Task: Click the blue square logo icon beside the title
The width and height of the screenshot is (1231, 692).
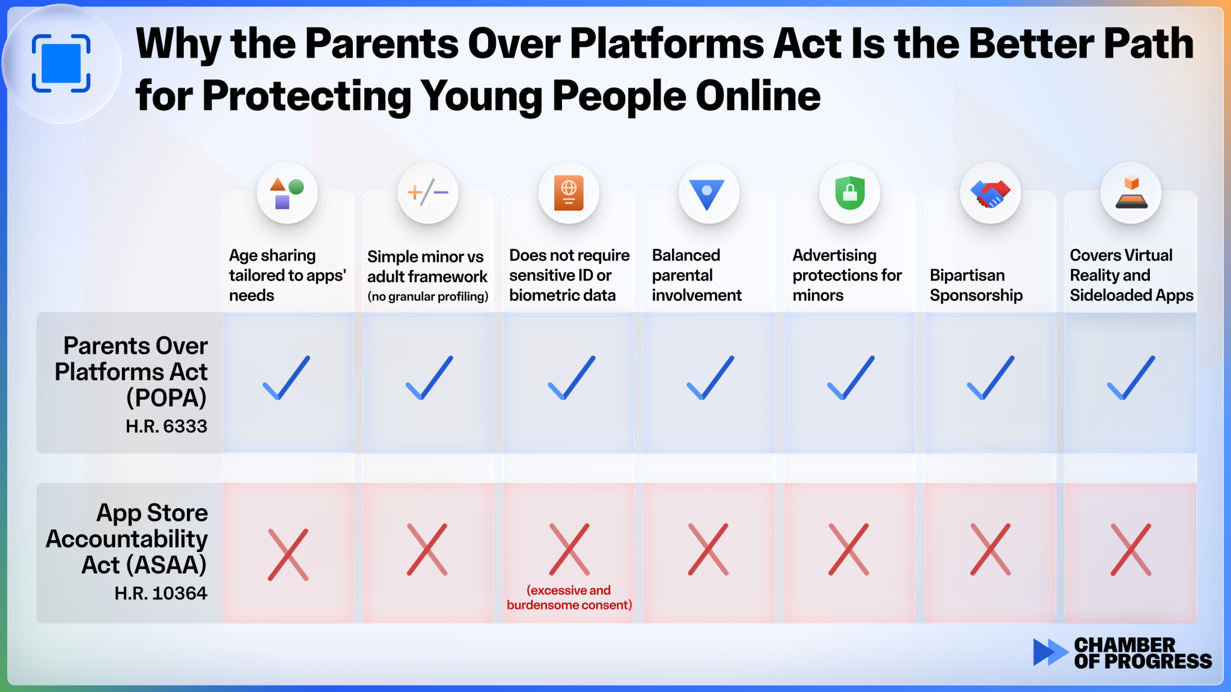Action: (x=61, y=64)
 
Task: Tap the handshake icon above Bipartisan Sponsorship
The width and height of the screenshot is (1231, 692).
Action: (x=990, y=193)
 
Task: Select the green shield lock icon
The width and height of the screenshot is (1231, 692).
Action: (x=849, y=193)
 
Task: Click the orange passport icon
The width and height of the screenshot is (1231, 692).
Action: (x=569, y=193)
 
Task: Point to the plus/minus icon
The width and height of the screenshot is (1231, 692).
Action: (x=427, y=193)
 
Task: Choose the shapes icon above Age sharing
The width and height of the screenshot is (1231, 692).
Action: (x=287, y=193)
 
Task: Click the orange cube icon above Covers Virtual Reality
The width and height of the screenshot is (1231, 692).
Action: (x=1131, y=192)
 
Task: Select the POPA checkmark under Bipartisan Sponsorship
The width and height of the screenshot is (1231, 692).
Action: (x=991, y=378)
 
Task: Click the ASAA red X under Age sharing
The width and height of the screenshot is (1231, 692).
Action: (x=288, y=554)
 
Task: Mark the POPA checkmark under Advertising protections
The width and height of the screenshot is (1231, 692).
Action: (x=851, y=378)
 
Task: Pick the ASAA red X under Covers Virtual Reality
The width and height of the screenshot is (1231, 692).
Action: (x=1131, y=550)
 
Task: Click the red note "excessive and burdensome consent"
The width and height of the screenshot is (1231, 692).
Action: (x=569, y=598)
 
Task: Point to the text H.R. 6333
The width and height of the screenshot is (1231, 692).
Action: (x=166, y=426)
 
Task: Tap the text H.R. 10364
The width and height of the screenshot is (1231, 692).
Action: (x=161, y=593)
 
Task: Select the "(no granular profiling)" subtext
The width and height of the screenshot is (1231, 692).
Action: (x=428, y=296)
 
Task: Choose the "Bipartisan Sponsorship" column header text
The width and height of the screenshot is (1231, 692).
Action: (x=976, y=285)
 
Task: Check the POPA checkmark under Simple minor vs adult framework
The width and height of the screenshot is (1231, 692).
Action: (x=429, y=378)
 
